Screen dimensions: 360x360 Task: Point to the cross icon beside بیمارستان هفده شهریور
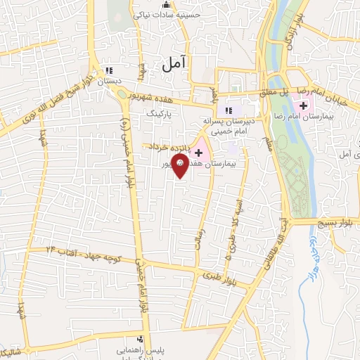tap(199, 151)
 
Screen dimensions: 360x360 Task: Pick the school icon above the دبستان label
tap(108, 70)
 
